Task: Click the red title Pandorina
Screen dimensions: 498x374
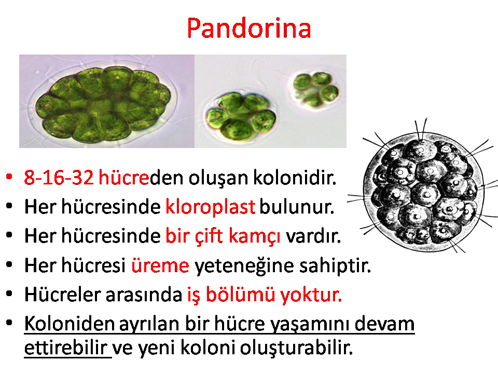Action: coord(248,28)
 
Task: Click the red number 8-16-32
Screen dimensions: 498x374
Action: coord(59,178)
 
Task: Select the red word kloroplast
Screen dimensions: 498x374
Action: coord(210,207)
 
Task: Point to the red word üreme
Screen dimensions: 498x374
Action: coord(160,265)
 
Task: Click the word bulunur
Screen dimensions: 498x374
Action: coord(297,207)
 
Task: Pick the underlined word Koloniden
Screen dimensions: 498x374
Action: coord(69,324)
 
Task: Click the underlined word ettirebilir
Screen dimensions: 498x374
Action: coord(65,348)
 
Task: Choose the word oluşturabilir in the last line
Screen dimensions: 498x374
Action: coord(296,348)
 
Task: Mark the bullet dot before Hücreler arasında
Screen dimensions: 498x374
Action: coord(9,294)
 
